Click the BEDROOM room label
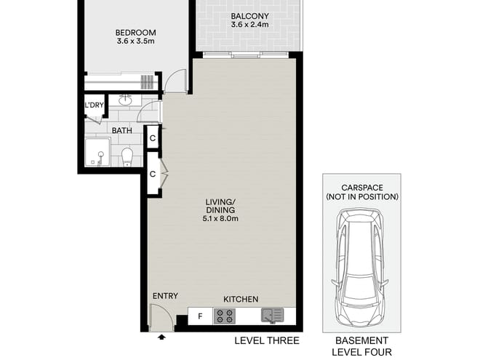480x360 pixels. coord(136,33)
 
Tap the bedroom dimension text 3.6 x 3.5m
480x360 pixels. coord(136,43)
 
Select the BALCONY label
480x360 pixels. coord(249,17)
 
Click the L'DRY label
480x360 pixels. coord(94,106)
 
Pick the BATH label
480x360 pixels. coord(122,131)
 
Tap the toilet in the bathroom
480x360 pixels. coord(127,155)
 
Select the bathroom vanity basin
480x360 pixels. coord(124,100)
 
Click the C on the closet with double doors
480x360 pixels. coord(153,175)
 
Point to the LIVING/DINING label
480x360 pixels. coord(222,202)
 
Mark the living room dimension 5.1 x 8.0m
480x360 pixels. coord(222,217)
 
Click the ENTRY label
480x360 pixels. coord(165,296)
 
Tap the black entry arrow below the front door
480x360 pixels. coord(161,337)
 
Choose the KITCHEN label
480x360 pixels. coord(241,299)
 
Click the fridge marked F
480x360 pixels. coord(199,316)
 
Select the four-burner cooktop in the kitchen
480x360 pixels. coord(225,316)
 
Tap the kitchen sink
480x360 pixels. coord(272,316)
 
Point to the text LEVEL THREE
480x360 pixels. coord(266,340)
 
